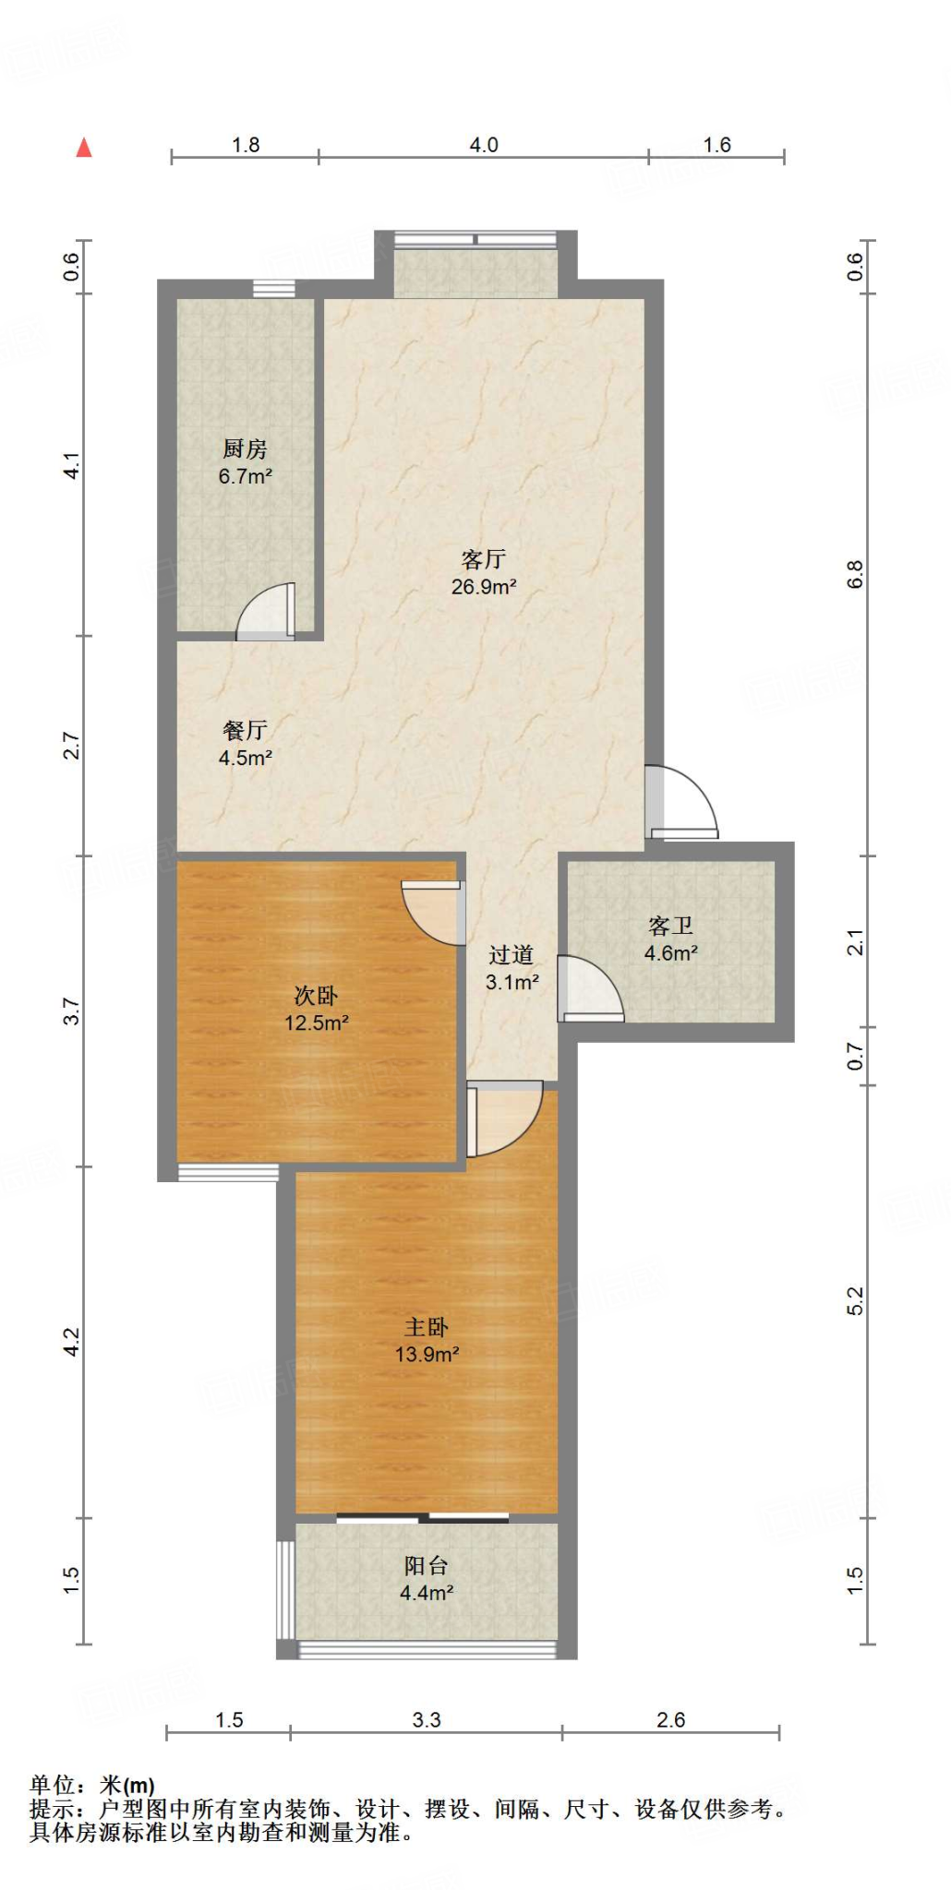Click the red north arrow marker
click(84, 148)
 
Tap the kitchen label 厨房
click(245, 449)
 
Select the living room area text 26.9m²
click(483, 587)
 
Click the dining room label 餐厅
click(245, 730)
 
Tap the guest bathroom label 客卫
click(670, 926)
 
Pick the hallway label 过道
click(511, 955)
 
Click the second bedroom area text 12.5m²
click(316, 1023)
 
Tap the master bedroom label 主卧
click(427, 1327)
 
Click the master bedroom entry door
click(503, 1119)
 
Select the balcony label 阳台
click(426, 1565)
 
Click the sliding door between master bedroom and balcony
click(423, 1517)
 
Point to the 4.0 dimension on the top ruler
click(483, 145)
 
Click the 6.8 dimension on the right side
click(855, 574)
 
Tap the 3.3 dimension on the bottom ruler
click(426, 1719)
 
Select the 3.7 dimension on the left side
click(72, 1011)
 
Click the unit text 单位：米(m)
click(92, 1786)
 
